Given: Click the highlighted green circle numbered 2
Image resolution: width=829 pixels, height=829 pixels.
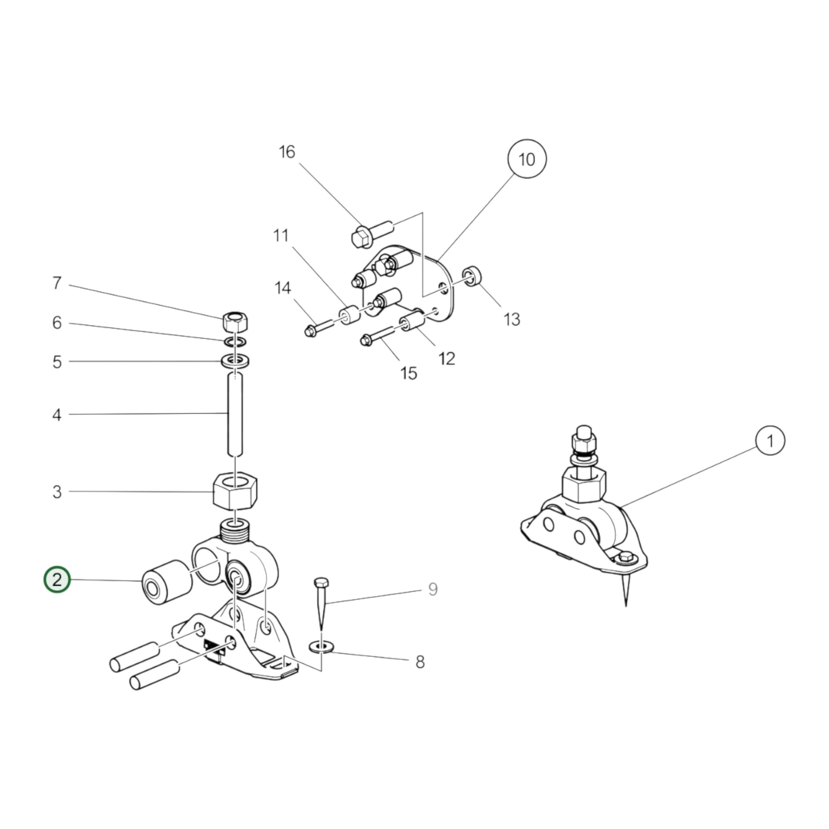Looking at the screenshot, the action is point(57,579).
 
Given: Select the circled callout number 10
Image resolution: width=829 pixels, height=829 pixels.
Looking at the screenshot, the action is point(527,159).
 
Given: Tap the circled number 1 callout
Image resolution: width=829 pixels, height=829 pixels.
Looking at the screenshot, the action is point(770,440).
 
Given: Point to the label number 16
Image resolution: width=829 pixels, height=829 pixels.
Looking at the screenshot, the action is point(287,152).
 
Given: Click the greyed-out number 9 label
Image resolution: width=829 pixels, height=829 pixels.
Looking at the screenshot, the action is point(433,589).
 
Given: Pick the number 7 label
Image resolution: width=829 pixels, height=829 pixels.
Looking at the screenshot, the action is point(57,283).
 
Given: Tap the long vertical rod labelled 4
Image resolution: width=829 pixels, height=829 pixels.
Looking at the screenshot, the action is point(235,414).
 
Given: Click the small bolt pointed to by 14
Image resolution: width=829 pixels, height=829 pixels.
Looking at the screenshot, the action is point(318,329).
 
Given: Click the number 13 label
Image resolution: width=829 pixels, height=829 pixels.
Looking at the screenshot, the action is point(512,319).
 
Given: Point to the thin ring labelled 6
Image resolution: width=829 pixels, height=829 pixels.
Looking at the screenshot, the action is point(235,342).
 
